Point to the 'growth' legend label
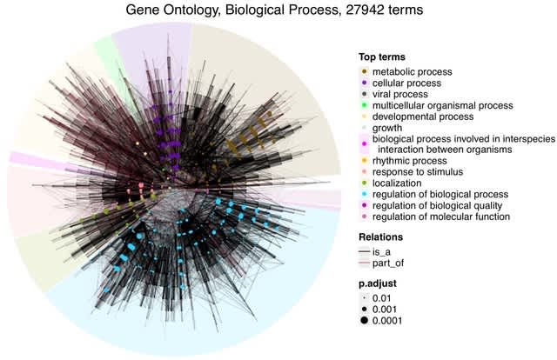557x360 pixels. (x=389, y=128)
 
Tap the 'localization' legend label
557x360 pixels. (x=399, y=183)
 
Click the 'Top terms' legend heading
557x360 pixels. (x=385, y=57)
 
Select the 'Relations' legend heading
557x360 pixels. (x=383, y=237)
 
